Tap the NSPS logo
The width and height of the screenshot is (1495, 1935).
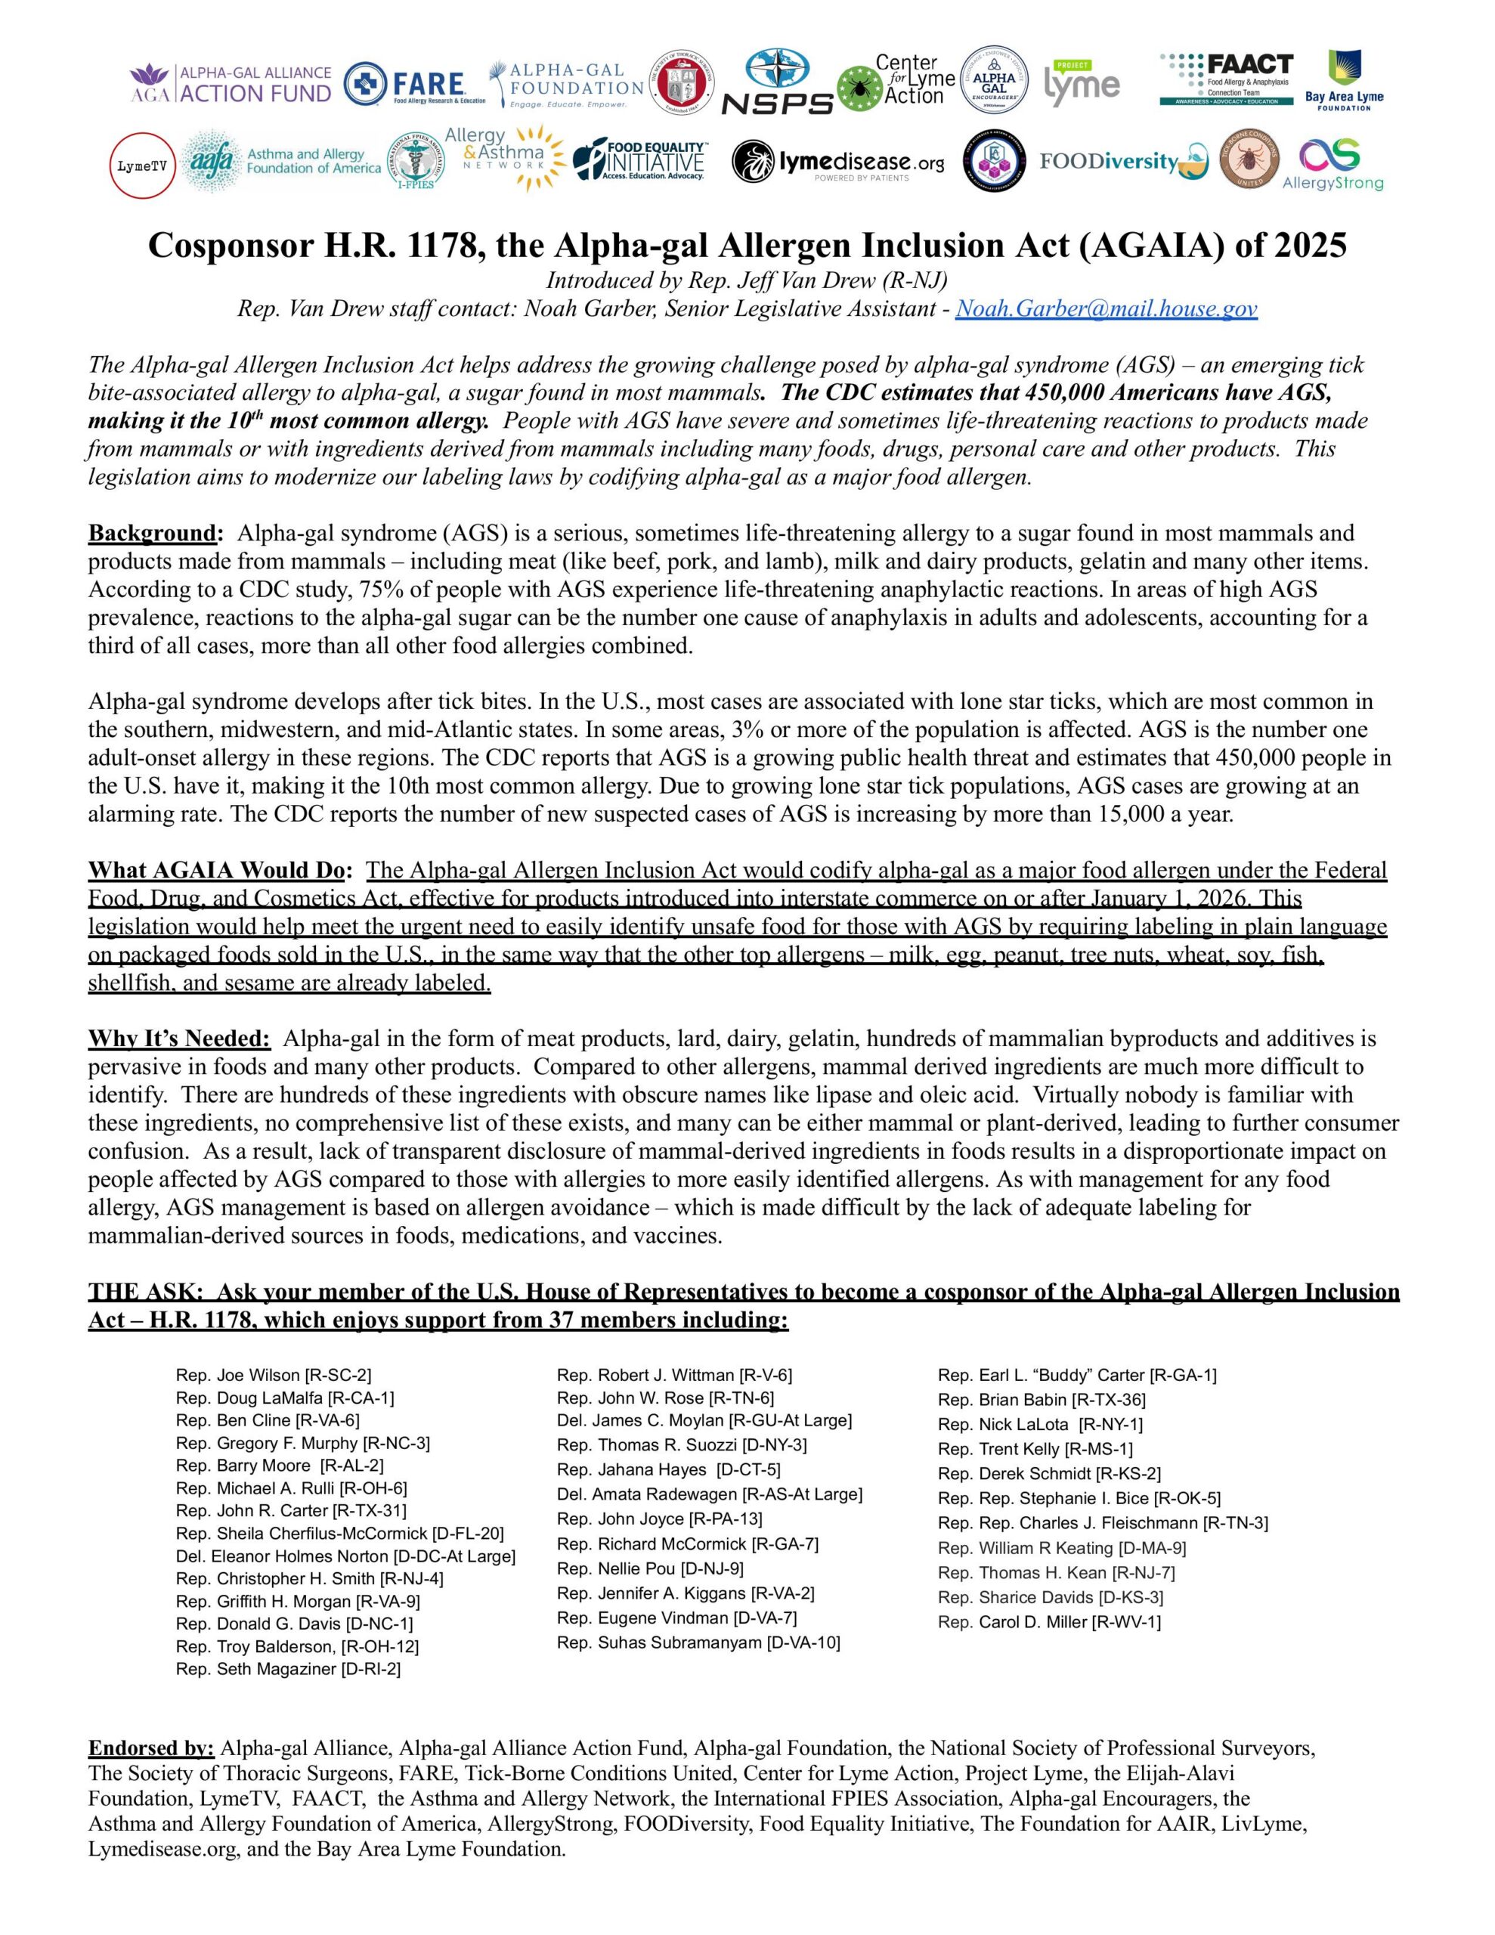(x=777, y=82)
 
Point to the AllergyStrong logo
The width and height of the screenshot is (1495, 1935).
(x=1332, y=165)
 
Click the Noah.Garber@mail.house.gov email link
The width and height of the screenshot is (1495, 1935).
(x=1106, y=308)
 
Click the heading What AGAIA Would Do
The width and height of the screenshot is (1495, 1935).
(x=220, y=870)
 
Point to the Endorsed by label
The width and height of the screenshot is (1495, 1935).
(x=150, y=1749)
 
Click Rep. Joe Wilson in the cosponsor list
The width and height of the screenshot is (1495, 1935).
(x=273, y=1375)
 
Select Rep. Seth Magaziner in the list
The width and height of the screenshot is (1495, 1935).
(x=288, y=1669)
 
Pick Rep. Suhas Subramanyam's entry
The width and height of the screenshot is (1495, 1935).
(x=698, y=1642)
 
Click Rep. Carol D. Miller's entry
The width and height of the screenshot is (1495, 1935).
(x=1048, y=1622)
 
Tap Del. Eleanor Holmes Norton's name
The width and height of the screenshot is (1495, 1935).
(x=345, y=1556)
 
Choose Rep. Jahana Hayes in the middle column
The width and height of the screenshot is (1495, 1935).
(x=668, y=1470)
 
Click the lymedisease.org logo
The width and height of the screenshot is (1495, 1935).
(x=837, y=163)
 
